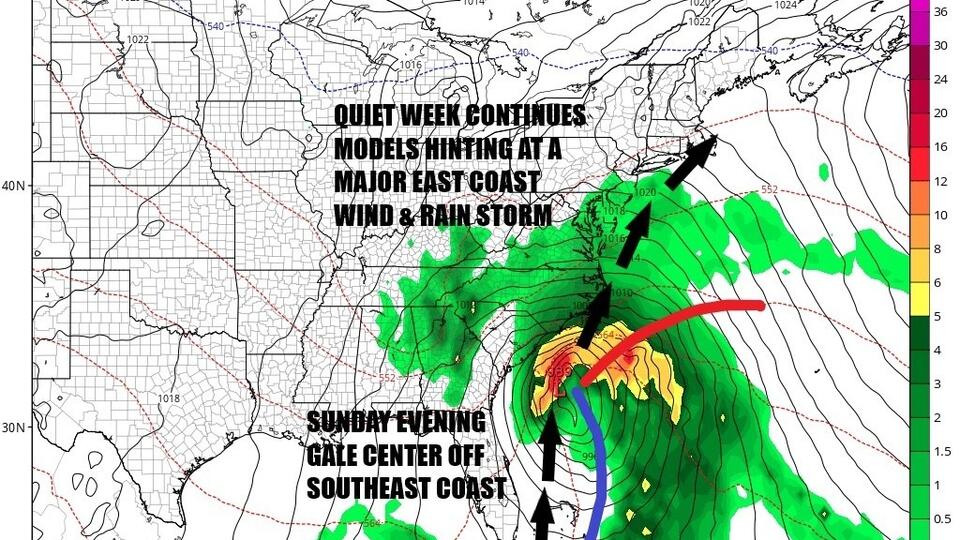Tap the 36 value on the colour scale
(940, 12)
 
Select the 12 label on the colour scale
(940, 181)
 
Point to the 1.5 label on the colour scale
(941, 451)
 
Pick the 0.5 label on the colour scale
(941, 518)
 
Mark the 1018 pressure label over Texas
(169, 398)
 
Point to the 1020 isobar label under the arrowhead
(644, 193)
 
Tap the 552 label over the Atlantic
(769, 189)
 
